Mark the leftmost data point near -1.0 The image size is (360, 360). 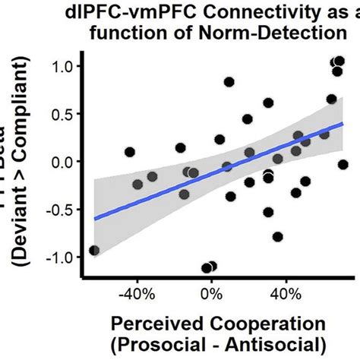pos(94,250)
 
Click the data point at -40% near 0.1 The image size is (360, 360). pos(129,152)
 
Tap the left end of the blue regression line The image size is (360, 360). pos(95,219)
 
